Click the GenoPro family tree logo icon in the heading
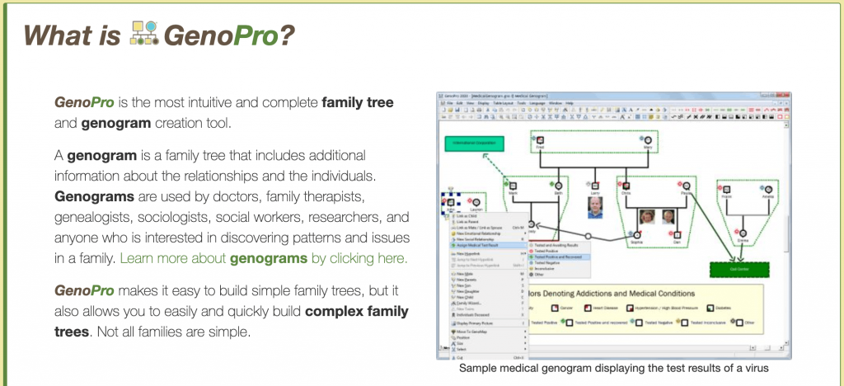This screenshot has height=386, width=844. [x=145, y=34]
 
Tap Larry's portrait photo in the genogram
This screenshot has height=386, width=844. [x=594, y=206]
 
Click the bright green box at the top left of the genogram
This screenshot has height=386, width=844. [x=474, y=143]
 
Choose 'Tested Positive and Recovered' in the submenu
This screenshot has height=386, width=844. [x=560, y=257]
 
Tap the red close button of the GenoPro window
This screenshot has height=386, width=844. [x=786, y=96]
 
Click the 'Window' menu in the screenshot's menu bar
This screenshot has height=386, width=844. [x=556, y=103]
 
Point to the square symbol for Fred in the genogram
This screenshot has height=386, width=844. [x=541, y=139]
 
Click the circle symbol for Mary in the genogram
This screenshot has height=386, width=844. [x=648, y=139]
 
